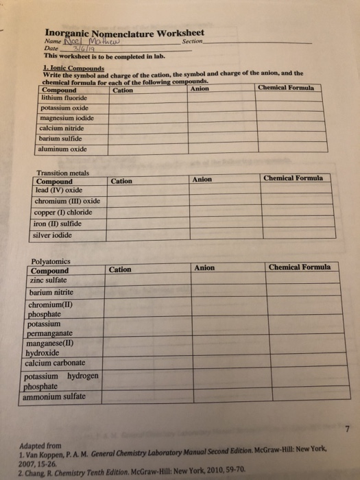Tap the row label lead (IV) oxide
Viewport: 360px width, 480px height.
tap(58, 191)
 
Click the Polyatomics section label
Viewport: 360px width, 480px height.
tap(51, 262)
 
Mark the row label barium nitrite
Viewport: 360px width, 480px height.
tap(51, 292)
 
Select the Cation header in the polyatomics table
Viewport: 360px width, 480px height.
tap(120, 270)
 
